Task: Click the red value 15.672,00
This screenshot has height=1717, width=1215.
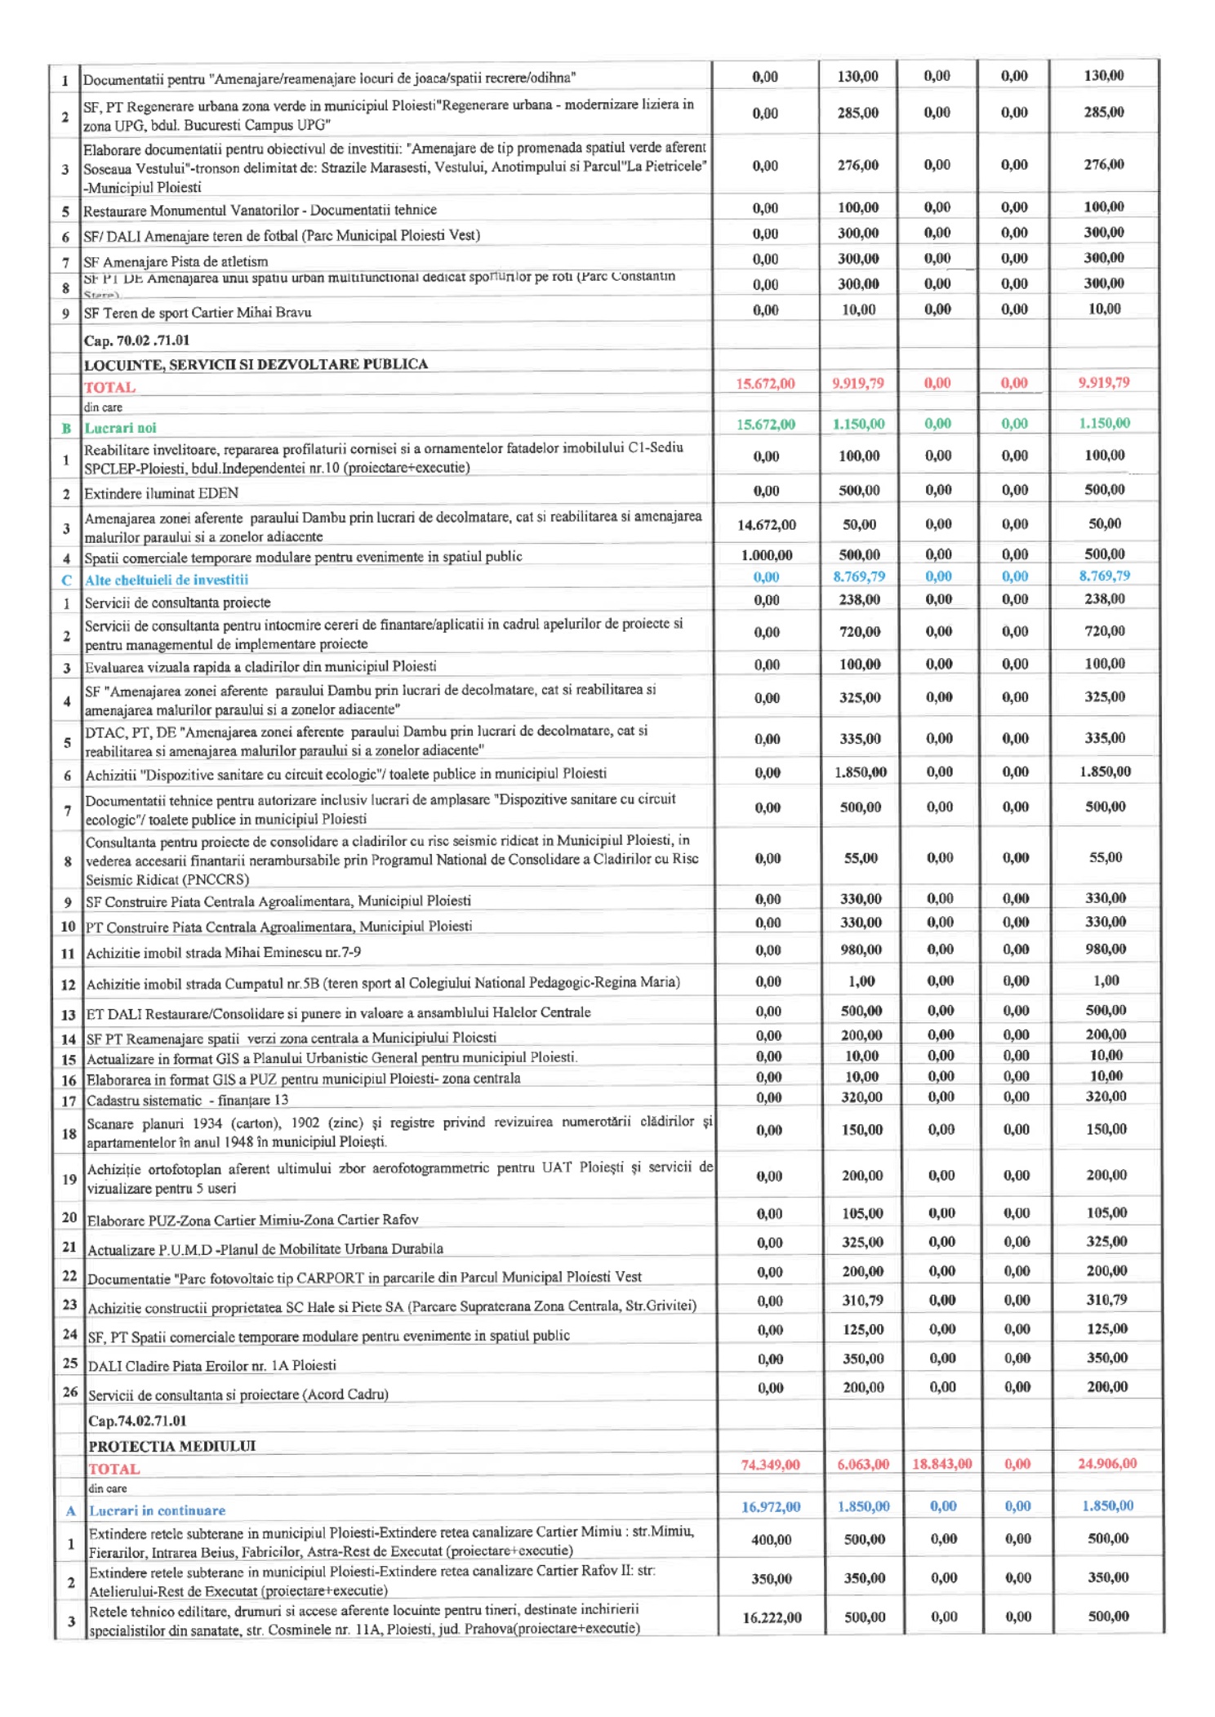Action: click(x=764, y=384)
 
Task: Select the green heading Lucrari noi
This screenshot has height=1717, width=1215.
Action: click(x=120, y=428)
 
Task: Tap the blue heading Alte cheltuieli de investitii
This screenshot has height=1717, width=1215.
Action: click(x=167, y=580)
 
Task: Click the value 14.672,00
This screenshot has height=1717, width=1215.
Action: click(x=766, y=525)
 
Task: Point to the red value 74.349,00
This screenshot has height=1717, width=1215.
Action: click(x=769, y=1465)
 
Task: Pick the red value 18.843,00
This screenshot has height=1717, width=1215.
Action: click(x=941, y=1464)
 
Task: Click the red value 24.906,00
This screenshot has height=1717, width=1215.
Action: click(x=1106, y=1463)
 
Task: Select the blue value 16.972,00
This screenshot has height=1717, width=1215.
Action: click(x=770, y=1506)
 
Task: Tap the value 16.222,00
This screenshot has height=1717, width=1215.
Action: click(x=772, y=1617)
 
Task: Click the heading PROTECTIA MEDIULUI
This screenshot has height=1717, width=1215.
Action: click(x=171, y=1446)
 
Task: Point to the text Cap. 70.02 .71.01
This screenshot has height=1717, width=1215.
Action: click(x=136, y=340)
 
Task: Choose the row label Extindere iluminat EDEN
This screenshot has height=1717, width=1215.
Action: click(x=161, y=493)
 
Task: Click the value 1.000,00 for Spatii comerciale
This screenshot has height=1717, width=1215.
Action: click(x=766, y=555)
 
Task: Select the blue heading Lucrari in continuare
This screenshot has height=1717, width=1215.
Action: click(x=157, y=1510)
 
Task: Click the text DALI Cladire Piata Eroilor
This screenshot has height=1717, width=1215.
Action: click(x=211, y=1365)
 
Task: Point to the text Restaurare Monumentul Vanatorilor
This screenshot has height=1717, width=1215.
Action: click(x=260, y=210)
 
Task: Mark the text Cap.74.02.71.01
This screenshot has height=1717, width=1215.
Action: click(x=137, y=1421)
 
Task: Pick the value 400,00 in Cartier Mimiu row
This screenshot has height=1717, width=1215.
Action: click(x=771, y=1540)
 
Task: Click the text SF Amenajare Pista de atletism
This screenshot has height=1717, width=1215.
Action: click(x=176, y=261)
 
